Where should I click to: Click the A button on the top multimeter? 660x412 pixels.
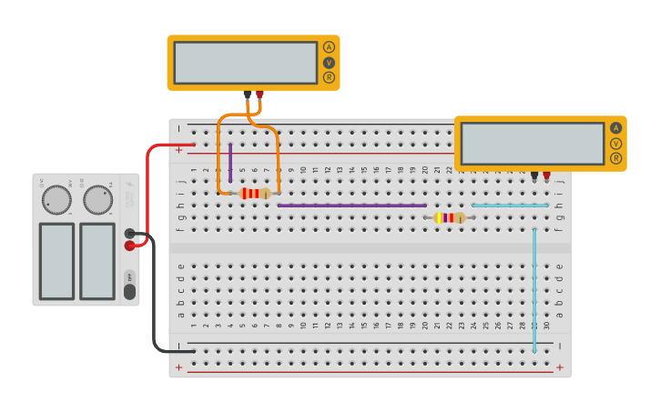tap(329, 47)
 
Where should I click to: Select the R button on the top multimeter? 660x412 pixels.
tap(329, 77)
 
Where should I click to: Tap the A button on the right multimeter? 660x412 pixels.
tap(616, 128)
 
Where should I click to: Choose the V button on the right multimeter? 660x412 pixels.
tap(616, 144)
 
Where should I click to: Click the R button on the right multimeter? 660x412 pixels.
tap(616, 158)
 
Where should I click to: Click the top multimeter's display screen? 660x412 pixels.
tap(245, 63)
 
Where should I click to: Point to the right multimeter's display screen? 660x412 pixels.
tap(533, 144)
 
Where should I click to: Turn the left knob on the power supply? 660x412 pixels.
tap(56, 200)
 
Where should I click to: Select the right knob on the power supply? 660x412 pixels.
tap(97, 200)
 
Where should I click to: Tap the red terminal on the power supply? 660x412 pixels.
tap(130, 245)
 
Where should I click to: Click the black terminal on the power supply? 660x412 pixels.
tap(130, 234)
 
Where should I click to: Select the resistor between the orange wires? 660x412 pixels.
tap(255, 193)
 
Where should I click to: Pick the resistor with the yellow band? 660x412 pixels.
tap(451, 217)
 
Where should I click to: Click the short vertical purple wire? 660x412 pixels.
tap(230, 162)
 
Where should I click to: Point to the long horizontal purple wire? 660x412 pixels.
tap(352, 206)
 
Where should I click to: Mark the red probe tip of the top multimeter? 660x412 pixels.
tap(259, 94)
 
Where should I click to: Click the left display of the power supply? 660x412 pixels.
tap(56, 261)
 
